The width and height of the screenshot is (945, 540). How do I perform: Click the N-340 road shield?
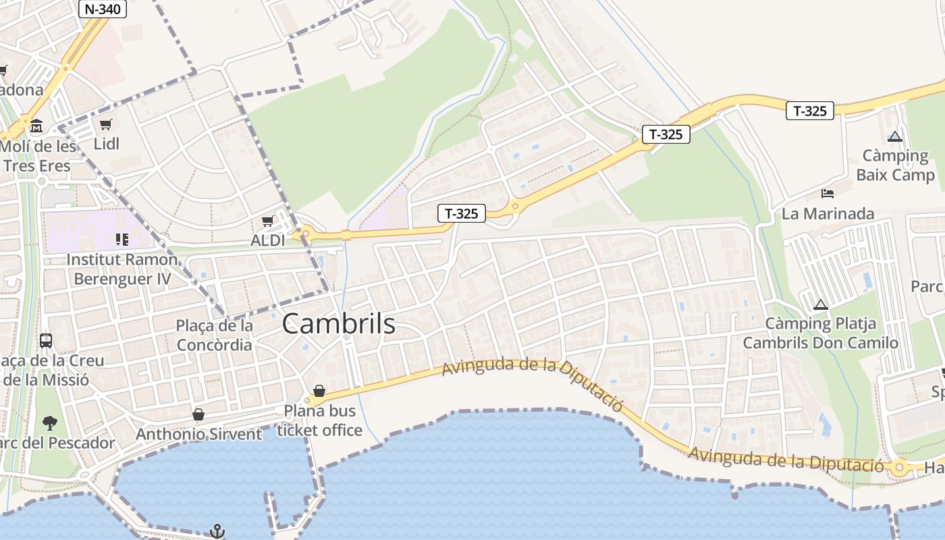click(103, 9)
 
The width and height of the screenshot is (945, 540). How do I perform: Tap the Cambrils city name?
click(338, 324)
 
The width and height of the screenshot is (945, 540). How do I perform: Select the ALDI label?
click(268, 240)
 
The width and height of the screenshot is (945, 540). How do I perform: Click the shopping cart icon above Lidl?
click(105, 125)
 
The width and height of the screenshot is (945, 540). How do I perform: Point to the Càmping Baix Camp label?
click(895, 165)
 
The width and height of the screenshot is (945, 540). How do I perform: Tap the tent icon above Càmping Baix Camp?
click(895, 136)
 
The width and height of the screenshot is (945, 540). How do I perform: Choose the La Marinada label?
click(828, 214)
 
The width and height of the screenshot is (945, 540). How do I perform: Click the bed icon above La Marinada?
click(828, 194)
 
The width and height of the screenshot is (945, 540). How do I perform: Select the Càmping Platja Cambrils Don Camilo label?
click(821, 333)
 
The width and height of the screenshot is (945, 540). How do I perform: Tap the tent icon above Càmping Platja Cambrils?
click(821, 304)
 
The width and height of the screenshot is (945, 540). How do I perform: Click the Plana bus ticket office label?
click(319, 420)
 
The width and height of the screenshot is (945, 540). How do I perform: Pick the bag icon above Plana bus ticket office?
click(319, 391)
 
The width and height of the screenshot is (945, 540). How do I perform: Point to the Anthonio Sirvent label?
click(198, 434)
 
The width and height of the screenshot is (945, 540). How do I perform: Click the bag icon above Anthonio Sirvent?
click(198, 414)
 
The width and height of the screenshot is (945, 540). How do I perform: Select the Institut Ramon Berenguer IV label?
click(122, 269)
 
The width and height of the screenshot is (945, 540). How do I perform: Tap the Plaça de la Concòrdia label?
click(214, 335)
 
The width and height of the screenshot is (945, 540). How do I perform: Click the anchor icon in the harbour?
click(217, 531)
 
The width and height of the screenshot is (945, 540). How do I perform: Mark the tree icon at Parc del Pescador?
click(49, 423)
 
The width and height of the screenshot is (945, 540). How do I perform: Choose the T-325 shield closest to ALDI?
click(462, 214)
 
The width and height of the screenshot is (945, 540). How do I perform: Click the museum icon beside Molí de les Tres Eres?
click(36, 126)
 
